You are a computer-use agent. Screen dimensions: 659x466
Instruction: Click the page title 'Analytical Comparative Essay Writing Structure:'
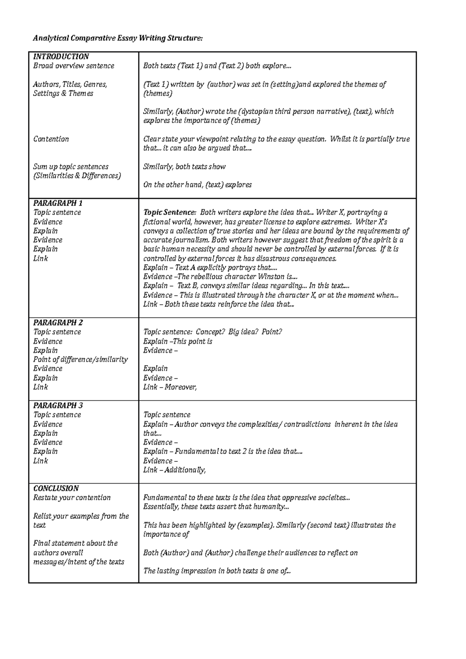pos(118,38)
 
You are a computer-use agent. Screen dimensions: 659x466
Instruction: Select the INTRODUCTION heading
pos(61,57)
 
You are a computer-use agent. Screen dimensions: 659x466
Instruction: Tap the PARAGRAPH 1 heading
pos(58,203)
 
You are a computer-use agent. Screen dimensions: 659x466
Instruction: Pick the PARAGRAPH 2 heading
pos(58,323)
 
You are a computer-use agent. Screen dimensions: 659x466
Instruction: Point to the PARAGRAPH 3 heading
pos(58,406)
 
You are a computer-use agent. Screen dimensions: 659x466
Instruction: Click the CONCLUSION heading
pos(56,489)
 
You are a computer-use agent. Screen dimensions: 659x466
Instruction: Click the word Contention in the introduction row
pos(51,139)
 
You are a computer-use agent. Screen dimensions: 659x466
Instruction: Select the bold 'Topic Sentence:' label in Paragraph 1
pos(170,213)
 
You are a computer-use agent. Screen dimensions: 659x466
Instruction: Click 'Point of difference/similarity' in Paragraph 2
pos(80,360)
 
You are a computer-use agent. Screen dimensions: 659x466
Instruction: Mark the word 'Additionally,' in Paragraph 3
pos(185,470)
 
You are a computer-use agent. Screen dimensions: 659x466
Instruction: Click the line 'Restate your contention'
pos(72,498)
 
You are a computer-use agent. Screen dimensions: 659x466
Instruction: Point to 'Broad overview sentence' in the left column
pos(74,66)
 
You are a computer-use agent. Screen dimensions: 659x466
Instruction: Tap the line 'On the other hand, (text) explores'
pos(197,185)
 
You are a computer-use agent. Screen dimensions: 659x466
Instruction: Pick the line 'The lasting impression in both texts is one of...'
pos(217,571)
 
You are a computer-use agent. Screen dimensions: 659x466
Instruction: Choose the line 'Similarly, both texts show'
pos(184,167)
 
